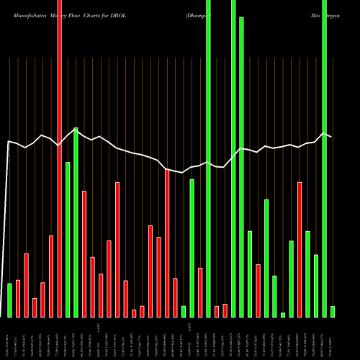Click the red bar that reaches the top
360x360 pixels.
pos(60,158)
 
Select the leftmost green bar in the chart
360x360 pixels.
pos(9,300)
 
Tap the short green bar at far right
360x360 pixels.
pos(333,311)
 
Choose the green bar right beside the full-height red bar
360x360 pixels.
pos(68,239)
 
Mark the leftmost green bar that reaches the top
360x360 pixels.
pos(208,158)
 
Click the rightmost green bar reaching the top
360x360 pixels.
pos(325,158)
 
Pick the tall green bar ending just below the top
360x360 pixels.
pos(241,167)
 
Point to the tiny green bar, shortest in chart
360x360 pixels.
pos(283,315)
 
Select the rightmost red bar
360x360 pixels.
pos(300,249)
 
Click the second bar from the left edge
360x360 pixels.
pos(18,298)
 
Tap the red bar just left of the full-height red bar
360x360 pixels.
pos(51,276)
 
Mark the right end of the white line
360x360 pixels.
pos(331,136)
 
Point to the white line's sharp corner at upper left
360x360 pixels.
pos(8,142)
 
